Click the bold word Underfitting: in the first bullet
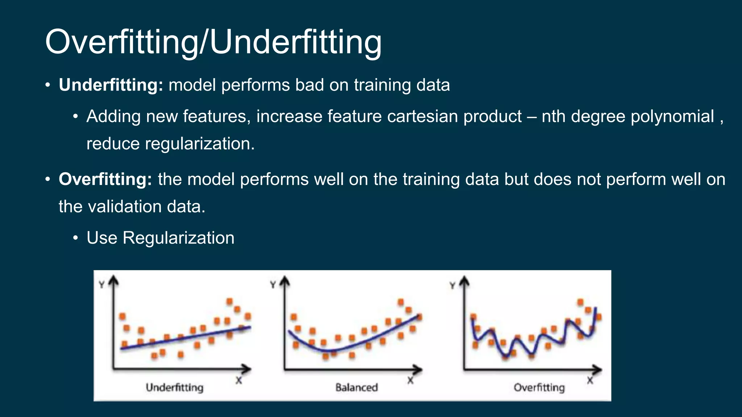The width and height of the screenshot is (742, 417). coord(111,85)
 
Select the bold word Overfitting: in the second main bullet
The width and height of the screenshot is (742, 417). coord(105,180)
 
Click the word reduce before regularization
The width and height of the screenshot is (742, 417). coord(113,144)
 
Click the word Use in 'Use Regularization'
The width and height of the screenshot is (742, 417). coord(102,238)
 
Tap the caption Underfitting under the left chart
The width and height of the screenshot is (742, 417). coord(175,388)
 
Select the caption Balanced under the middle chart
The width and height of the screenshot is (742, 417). coord(357,388)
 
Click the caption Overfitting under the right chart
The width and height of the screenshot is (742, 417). coord(539,388)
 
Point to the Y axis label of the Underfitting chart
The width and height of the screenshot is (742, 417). coord(102,285)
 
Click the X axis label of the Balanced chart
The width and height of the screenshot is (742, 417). coord(410,380)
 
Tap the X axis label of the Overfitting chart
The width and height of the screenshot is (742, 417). coord(590,380)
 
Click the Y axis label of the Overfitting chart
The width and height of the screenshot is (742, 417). coord(452,285)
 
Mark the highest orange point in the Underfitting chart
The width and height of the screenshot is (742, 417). coord(229,301)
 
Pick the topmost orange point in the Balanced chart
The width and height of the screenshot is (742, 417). coord(400,302)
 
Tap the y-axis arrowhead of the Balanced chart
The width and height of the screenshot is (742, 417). coord(285,281)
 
